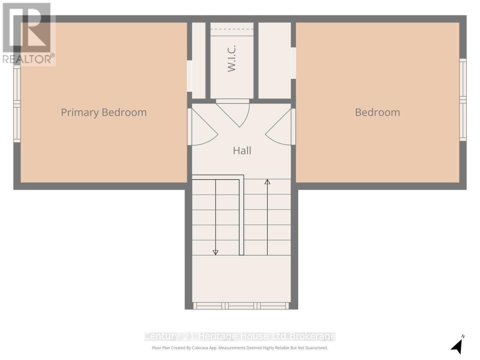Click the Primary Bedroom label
tap(103, 112)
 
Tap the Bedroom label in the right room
tap(377, 112)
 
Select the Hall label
tap(242, 151)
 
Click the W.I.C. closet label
tap(232, 58)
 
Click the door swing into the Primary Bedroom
tap(202, 127)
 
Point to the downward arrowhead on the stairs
tap(216, 252)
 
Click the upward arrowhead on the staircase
tap(267, 182)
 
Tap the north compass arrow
tap(457, 345)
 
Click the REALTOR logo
tap(28, 34)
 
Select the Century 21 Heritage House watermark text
tap(240, 336)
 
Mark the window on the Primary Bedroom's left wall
tap(17, 104)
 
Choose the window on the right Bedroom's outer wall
tap(463, 100)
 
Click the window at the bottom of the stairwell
tap(241, 306)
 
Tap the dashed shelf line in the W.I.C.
tap(232, 29)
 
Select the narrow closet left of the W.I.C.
tap(199, 60)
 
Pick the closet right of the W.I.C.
tap(274, 60)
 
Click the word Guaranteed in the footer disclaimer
tap(316, 348)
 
